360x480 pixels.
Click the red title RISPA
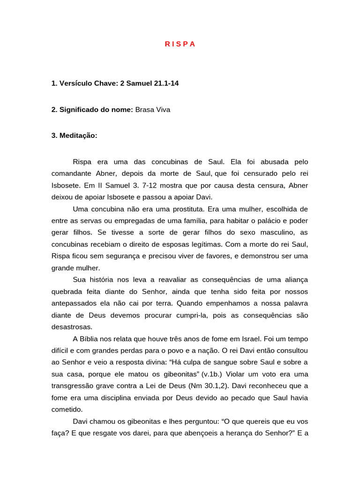point(180,44)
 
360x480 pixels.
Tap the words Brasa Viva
point(152,110)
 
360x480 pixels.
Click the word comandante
point(72,173)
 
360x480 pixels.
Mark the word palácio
point(256,221)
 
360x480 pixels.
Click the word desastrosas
point(72,327)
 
